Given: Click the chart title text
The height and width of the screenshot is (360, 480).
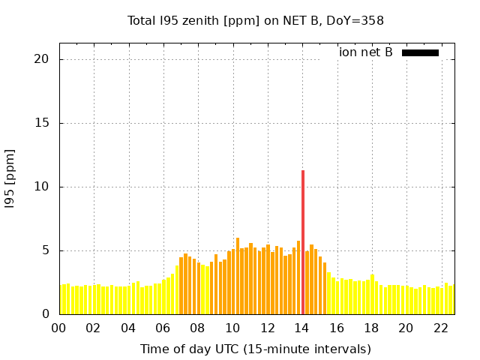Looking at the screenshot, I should click(x=255, y=20).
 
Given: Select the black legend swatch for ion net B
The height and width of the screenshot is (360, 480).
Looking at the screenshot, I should click(x=420, y=52).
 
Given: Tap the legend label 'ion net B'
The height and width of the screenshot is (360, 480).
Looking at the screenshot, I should click(x=365, y=52).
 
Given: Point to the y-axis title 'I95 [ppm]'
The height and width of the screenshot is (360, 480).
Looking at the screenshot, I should click(x=10, y=178).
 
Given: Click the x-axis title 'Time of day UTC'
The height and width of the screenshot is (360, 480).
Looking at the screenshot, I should click(x=255, y=349).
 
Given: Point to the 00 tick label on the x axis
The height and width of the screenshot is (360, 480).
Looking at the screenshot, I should click(x=58, y=328).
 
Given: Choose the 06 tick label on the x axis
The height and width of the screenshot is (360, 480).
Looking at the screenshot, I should click(x=163, y=328).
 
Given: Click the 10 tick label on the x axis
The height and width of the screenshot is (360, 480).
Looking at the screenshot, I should click(x=232, y=328).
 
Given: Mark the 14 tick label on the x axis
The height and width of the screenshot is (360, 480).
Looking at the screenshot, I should click(x=301, y=328).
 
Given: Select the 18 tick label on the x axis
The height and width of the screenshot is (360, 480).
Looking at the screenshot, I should click(x=370, y=328).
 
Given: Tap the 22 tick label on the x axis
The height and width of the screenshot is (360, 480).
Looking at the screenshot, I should click(x=440, y=328).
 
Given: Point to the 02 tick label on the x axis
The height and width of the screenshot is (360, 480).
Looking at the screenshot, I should click(x=93, y=328).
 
